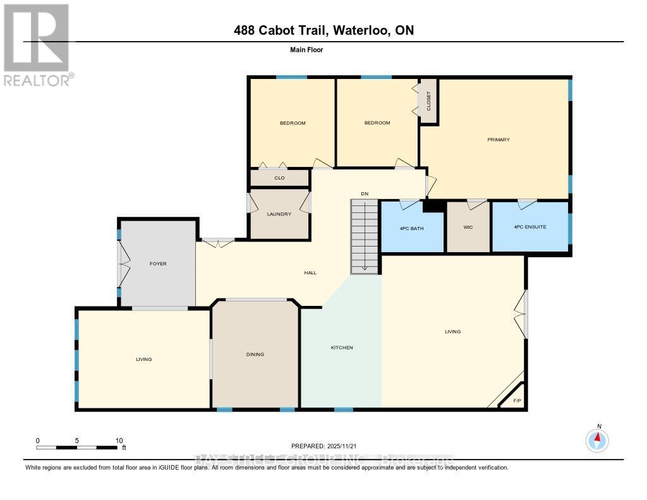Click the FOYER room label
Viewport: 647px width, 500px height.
click(x=158, y=264)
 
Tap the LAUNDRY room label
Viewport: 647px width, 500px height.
click(x=279, y=214)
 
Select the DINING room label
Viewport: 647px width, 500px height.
click(x=255, y=355)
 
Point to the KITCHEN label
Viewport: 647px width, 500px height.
click(x=342, y=348)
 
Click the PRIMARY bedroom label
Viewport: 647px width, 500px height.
click(x=498, y=140)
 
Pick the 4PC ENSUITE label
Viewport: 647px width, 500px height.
click(x=529, y=227)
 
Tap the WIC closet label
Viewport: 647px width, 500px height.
click(x=468, y=227)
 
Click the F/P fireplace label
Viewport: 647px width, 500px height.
click(x=517, y=401)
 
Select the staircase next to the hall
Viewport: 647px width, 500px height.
click(x=365, y=237)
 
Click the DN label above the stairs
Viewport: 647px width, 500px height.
click(x=365, y=193)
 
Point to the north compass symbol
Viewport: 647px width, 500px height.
click(x=598, y=439)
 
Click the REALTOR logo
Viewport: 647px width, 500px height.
click(x=37, y=44)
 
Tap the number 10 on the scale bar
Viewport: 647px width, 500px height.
click(x=118, y=440)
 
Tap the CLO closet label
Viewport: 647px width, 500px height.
click(x=279, y=178)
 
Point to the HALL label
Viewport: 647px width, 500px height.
click(x=310, y=273)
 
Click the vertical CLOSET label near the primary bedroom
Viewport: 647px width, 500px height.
click(x=428, y=101)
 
